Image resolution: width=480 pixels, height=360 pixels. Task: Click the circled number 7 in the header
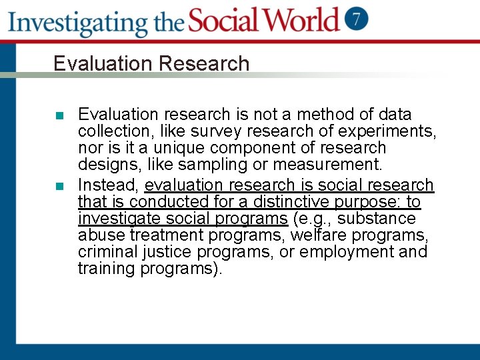pos(357,19)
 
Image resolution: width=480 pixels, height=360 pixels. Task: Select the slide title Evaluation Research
pos(151,63)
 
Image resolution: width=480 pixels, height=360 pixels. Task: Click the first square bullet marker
pos(59,115)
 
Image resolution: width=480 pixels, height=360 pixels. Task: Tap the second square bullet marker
pos(59,186)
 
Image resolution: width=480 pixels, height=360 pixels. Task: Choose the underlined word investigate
pos(115,219)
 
